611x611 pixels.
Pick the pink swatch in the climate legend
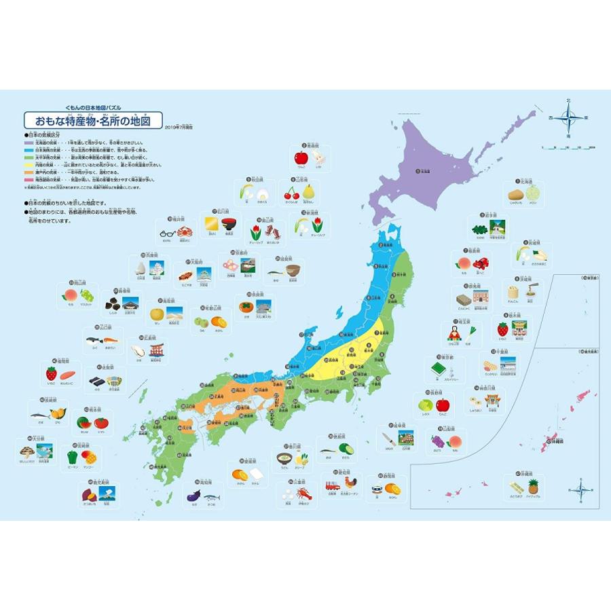(29, 179)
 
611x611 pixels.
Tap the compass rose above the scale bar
(569, 118)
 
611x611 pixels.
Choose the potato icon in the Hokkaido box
(515, 195)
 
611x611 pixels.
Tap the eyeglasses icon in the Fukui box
(168, 232)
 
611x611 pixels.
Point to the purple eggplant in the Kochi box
(193, 496)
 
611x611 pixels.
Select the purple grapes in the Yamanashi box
(438, 440)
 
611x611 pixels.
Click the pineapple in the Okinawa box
(532, 486)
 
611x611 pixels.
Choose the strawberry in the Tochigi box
(502, 329)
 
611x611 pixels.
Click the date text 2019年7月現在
(179, 126)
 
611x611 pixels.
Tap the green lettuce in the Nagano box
(426, 405)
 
